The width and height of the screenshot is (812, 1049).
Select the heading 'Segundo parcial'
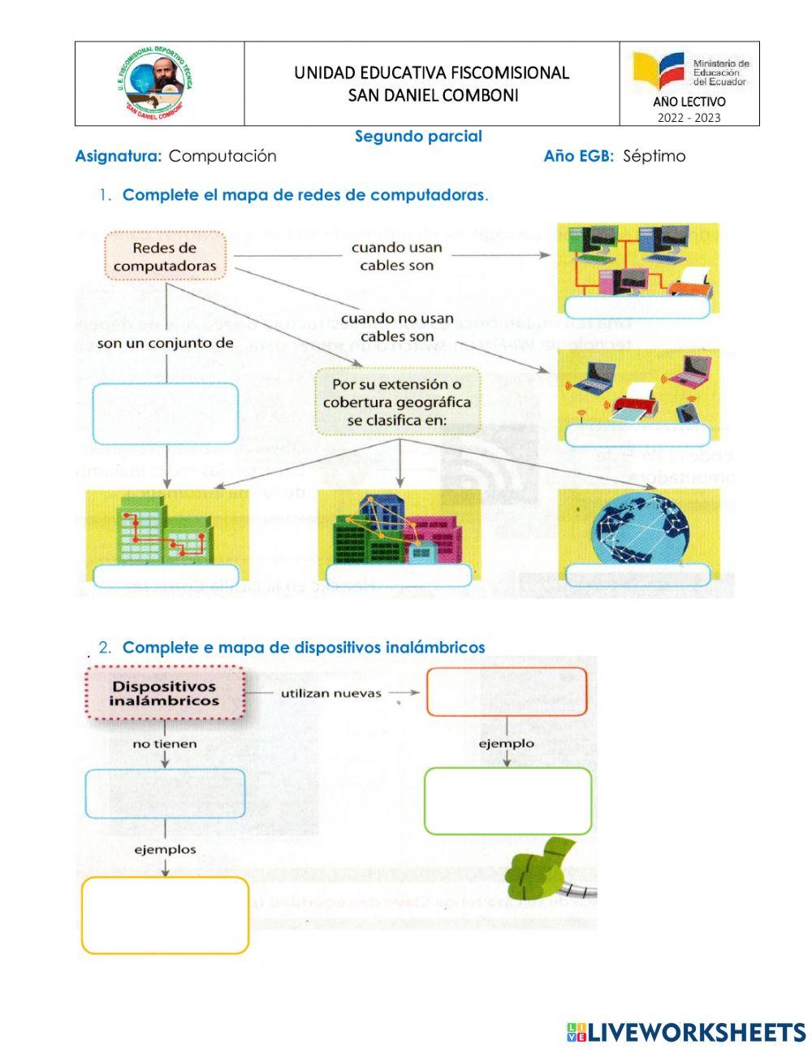coord(418,137)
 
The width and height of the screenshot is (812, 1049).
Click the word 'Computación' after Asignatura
coord(222,156)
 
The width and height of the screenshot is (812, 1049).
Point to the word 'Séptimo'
coord(654,156)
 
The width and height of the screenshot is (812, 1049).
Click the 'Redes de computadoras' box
coord(165,256)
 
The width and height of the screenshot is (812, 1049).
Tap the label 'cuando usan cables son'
coord(396,257)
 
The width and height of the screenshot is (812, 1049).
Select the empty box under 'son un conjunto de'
coord(166,414)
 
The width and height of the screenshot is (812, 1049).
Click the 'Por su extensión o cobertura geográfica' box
coord(397,401)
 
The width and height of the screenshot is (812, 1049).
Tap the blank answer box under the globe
coord(637,575)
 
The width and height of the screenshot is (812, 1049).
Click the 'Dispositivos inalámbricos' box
coord(164,692)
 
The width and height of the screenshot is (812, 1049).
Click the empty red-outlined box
coord(507,691)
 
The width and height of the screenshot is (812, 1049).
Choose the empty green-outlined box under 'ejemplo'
coord(508,801)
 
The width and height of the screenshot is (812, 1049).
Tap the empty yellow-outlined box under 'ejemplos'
coord(165,915)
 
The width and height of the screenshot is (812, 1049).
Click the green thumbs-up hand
coord(542,865)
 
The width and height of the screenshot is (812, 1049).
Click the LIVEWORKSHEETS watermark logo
coord(686,1032)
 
